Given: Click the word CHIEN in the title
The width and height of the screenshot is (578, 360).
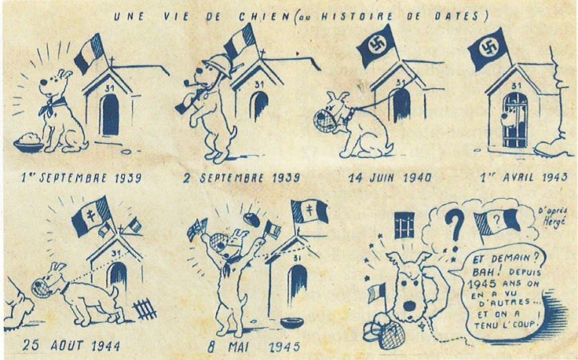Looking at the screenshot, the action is tap(264, 17).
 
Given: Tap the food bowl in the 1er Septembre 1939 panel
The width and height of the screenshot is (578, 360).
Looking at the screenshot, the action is tap(29, 143).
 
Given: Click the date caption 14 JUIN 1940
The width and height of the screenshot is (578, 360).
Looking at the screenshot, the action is tap(390, 178).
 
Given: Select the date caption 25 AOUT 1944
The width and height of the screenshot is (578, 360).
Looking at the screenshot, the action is tap(71, 346).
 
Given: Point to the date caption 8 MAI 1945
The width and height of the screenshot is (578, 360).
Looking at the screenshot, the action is tap(254, 346).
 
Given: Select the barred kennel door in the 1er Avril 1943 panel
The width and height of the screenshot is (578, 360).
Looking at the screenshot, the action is tap(515, 120).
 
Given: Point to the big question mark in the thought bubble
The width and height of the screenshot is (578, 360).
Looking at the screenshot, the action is tap(455, 227).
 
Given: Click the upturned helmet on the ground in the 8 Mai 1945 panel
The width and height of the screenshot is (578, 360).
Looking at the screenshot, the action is tap(292, 323).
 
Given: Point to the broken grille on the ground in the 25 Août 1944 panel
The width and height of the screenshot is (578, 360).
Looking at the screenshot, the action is tap(144, 309).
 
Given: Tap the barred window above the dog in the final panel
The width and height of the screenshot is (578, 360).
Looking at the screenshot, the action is tap(404, 224).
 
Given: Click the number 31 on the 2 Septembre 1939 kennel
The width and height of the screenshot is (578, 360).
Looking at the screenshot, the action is tap(259, 84).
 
